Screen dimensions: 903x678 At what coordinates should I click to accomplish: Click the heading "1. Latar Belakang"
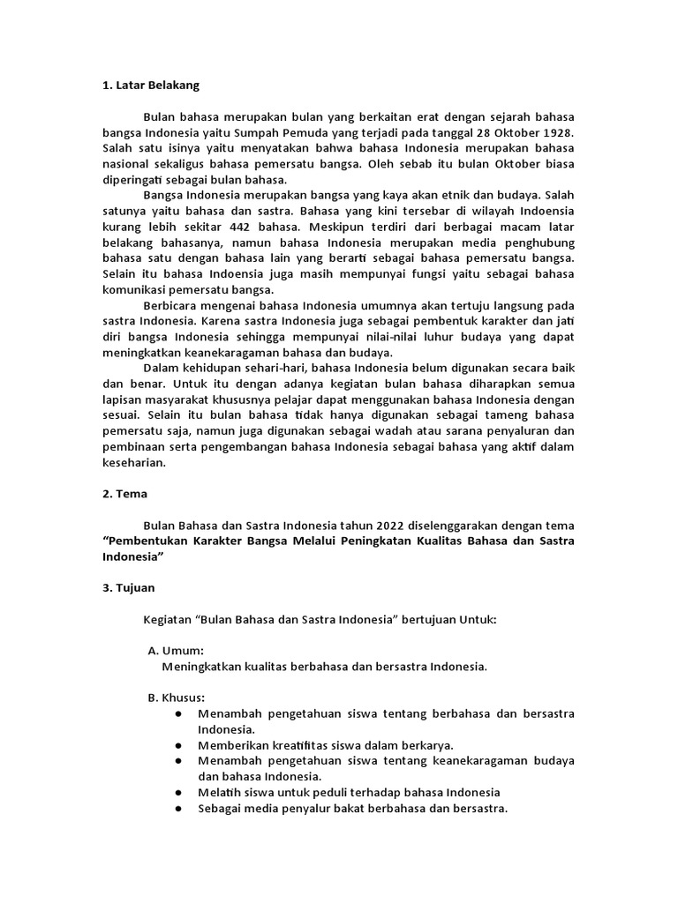pyautogui.click(x=150, y=86)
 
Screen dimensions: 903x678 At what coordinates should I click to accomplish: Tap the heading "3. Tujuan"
pyautogui.click(x=131, y=586)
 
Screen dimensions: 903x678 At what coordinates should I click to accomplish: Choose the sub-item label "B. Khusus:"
pyautogui.click(x=177, y=698)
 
